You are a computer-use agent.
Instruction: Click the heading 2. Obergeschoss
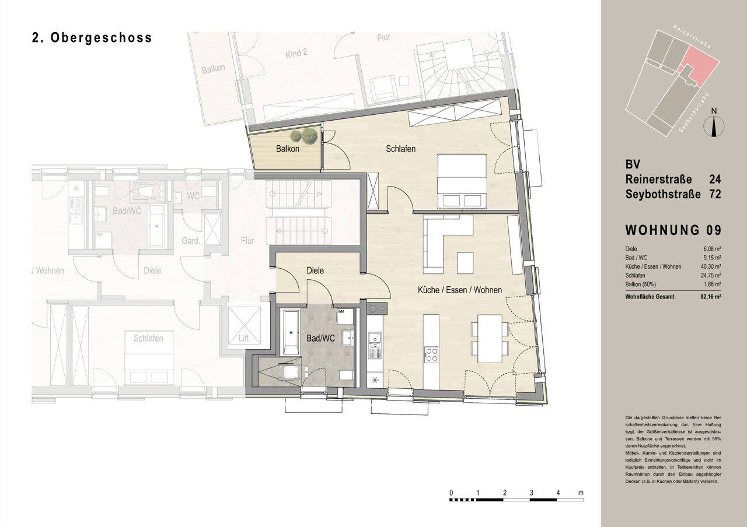(x=92, y=38)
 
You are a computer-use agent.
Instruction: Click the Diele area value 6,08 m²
(x=712, y=249)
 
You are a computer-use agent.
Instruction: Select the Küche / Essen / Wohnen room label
(x=459, y=290)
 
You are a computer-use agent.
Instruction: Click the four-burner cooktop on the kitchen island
(x=431, y=354)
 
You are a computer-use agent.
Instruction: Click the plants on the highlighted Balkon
(x=303, y=136)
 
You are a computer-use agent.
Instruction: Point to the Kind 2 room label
(x=296, y=53)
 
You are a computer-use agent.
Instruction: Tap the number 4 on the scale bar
(x=558, y=493)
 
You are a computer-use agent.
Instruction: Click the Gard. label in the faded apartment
(x=191, y=240)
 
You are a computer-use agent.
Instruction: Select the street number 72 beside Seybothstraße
(x=714, y=194)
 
